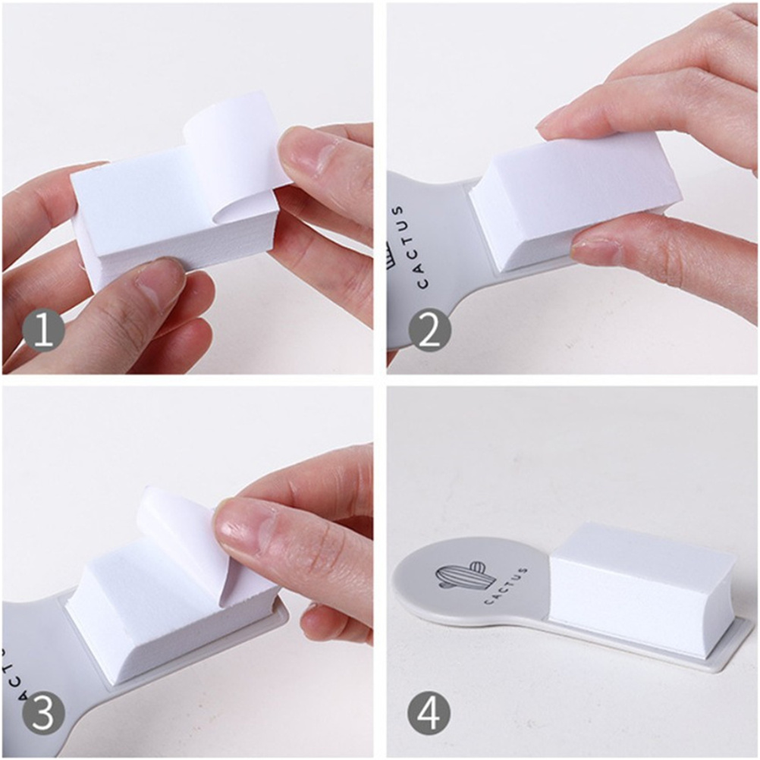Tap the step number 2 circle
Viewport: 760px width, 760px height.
429,331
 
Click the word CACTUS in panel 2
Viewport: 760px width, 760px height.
410,247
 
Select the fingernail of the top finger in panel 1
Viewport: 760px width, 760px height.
315,155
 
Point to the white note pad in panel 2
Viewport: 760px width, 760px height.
576,203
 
